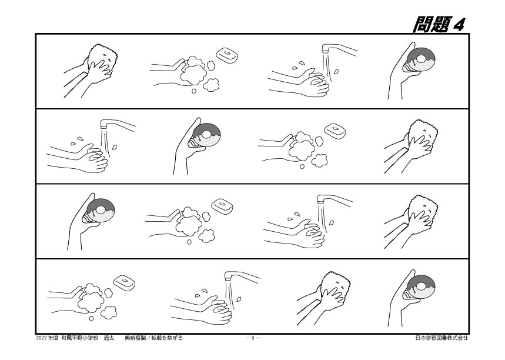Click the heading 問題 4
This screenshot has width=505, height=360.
(439, 24)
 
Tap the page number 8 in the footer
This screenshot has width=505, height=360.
(253, 338)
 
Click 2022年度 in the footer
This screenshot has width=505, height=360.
(47, 338)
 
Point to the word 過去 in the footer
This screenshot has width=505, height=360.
(109, 338)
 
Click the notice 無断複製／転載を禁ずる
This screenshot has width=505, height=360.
(154, 338)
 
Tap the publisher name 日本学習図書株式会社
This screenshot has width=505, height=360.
(442, 338)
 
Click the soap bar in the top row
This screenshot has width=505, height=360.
(228, 55)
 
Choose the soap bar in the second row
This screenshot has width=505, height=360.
(336, 131)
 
